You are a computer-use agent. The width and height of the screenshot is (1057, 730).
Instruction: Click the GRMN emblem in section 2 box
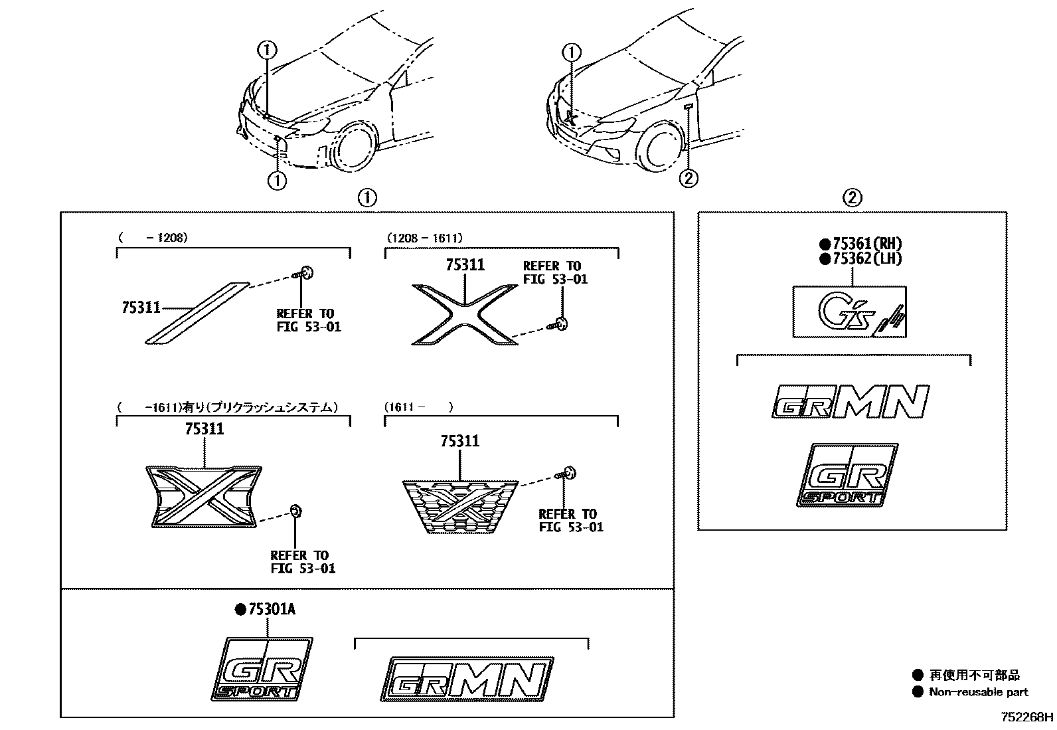click(x=850, y=401)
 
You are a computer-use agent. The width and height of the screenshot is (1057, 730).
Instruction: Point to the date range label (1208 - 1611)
click(x=424, y=238)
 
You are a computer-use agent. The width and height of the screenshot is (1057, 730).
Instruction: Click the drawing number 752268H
click(x=1027, y=717)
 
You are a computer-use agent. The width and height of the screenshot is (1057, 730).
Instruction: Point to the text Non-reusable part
click(x=979, y=692)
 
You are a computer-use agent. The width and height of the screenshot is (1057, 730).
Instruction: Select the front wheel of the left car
click(x=357, y=146)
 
